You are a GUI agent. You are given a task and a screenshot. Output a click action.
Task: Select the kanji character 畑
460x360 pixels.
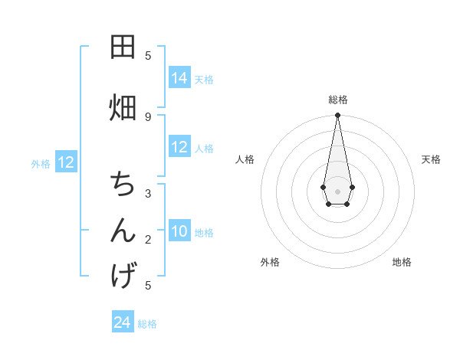pyautogui.click(x=123, y=107)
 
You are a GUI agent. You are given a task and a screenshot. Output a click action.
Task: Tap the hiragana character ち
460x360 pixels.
pyautogui.click(x=123, y=185)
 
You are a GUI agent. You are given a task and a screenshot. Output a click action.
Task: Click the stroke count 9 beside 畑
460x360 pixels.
pyautogui.click(x=148, y=116)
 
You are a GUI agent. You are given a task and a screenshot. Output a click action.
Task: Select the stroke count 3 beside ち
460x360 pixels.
pyautogui.click(x=148, y=194)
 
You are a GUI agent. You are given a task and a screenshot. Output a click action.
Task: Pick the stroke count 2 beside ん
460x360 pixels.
pyautogui.click(x=148, y=240)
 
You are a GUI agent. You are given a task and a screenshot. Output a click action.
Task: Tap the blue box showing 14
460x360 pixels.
pyautogui.click(x=179, y=78)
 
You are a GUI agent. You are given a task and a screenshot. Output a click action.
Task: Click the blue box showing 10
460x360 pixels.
pyautogui.click(x=179, y=231)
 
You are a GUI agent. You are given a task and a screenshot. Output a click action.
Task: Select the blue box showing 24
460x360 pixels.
pyautogui.click(x=123, y=322)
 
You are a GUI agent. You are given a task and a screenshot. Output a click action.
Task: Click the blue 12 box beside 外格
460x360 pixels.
pyautogui.click(x=66, y=162)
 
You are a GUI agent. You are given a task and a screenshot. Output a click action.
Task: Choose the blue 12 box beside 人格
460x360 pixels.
pyautogui.click(x=179, y=147)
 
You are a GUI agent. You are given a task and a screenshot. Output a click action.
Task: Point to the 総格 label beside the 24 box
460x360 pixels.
pyautogui.click(x=147, y=324)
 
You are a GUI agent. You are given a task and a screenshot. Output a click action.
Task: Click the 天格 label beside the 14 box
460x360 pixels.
pyautogui.click(x=204, y=80)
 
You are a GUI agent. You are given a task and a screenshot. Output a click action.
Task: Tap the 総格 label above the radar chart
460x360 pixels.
pyautogui.click(x=337, y=100)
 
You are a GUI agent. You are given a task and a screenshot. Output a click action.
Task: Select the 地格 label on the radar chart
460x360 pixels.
pyautogui.click(x=402, y=262)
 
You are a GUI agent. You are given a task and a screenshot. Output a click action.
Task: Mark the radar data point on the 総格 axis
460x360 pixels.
pyautogui.click(x=337, y=116)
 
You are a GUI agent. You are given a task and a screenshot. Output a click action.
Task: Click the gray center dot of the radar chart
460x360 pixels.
pyautogui.click(x=337, y=190)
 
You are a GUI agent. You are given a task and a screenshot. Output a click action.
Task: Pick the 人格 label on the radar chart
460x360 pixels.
pyautogui.click(x=245, y=159)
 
